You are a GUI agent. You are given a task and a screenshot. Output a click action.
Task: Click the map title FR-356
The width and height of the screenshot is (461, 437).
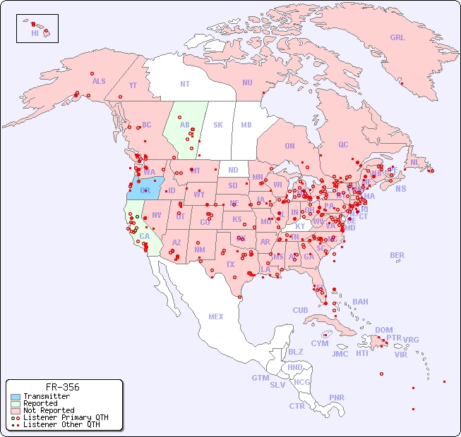(62, 387)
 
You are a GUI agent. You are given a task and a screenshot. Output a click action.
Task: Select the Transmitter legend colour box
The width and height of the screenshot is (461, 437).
(14, 397)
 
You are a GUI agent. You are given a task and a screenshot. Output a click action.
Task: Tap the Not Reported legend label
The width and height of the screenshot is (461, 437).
(48, 410)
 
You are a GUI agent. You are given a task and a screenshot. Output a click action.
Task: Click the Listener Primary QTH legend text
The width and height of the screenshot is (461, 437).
(65, 417)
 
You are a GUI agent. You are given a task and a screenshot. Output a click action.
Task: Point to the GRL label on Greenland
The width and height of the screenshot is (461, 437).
(397, 38)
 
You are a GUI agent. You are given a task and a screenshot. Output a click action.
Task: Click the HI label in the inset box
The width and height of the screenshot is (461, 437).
(35, 33)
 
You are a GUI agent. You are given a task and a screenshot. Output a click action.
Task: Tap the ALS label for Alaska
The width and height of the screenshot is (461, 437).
(99, 81)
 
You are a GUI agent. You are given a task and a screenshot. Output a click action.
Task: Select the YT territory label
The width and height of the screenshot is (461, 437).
(133, 85)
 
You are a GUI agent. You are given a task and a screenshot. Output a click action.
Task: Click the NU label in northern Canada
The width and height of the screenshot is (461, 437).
(247, 82)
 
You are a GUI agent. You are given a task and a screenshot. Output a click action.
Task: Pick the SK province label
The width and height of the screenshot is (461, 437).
(218, 125)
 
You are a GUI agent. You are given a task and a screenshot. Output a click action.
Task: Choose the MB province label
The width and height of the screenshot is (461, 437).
(246, 125)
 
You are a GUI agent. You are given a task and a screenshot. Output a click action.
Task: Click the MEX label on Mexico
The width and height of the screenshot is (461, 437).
(216, 316)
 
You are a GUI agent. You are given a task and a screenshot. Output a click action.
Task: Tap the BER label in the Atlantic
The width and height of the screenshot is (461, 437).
(397, 255)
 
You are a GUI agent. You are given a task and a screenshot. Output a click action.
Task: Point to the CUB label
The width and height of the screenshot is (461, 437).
(300, 310)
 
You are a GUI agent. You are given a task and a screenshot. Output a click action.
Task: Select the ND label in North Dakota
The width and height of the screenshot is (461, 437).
(233, 170)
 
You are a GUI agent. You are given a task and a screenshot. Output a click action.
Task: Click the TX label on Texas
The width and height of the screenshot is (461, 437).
(230, 264)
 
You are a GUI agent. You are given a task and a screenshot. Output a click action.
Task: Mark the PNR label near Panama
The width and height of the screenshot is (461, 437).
(337, 398)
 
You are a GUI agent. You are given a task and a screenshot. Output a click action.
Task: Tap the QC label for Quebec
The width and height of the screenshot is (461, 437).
(343, 145)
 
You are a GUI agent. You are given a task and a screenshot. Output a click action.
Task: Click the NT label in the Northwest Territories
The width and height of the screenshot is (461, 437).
(184, 83)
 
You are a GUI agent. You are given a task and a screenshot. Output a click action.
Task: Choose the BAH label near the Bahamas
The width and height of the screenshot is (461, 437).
(360, 302)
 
